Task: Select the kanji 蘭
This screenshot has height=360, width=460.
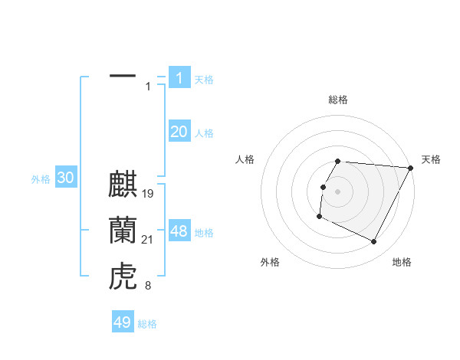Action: click(123, 231)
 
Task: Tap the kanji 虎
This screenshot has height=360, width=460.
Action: click(123, 277)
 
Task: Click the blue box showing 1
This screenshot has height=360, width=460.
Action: click(179, 77)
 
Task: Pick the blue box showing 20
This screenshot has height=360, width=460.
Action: click(179, 132)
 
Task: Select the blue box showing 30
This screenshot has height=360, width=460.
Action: click(65, 178)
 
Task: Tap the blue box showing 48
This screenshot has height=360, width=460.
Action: click(179, 231)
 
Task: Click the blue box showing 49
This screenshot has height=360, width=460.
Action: click(123, 322)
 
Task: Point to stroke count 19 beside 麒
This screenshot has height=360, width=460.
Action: click(149, 194)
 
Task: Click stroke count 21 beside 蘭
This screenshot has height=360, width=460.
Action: click(149, 240)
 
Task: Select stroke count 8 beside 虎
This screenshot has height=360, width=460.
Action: click(148, 286)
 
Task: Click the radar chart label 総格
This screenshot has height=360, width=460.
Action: click(338, 100)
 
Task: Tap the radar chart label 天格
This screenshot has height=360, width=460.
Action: click(431, 159)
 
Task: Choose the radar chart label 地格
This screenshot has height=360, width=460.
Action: click(402, 262)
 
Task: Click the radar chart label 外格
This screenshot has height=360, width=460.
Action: click(270, 262)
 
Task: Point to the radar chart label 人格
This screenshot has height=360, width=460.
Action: click(245, 159)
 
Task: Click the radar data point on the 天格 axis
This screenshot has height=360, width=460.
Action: click(411, 168)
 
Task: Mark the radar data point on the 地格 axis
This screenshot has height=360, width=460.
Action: click(374, 242)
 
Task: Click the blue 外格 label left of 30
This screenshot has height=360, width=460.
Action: click(41, 179)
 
